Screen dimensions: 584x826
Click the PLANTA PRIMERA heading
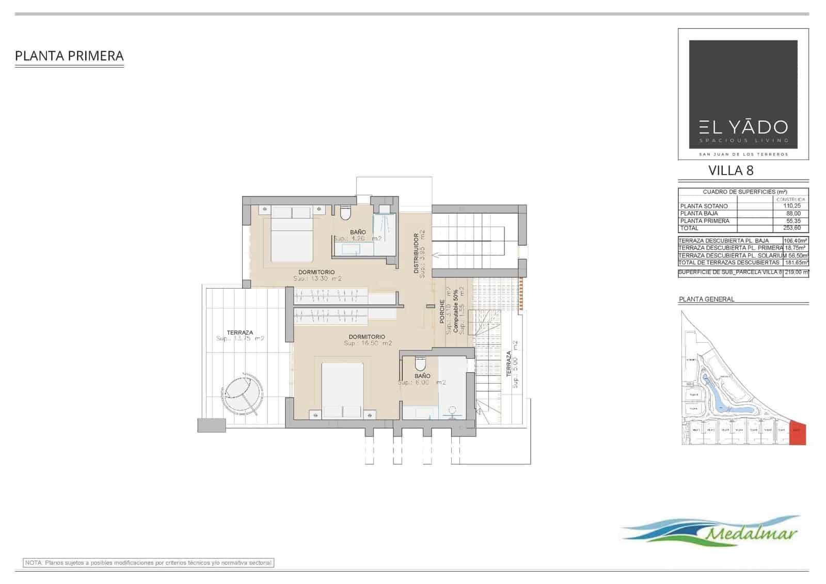[x=69, y=56]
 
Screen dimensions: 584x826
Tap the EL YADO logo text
[x=743, y=127]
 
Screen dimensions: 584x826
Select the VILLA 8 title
[x=730, y=170]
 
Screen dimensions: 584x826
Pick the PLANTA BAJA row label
[x=699, y=213]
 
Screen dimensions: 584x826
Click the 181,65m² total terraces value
[x=796, y=262]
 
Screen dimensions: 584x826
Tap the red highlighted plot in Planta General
[x=798, y=433]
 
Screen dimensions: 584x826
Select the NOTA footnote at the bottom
[x=149, y=563]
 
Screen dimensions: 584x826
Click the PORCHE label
[x=442, y=311]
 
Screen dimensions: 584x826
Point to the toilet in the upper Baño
[x=345, y=212]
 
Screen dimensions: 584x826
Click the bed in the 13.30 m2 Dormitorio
[x=292, y=235]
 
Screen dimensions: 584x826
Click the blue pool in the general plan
[x=723, y=398]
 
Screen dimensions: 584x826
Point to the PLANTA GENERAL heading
[x=706, y=299]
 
